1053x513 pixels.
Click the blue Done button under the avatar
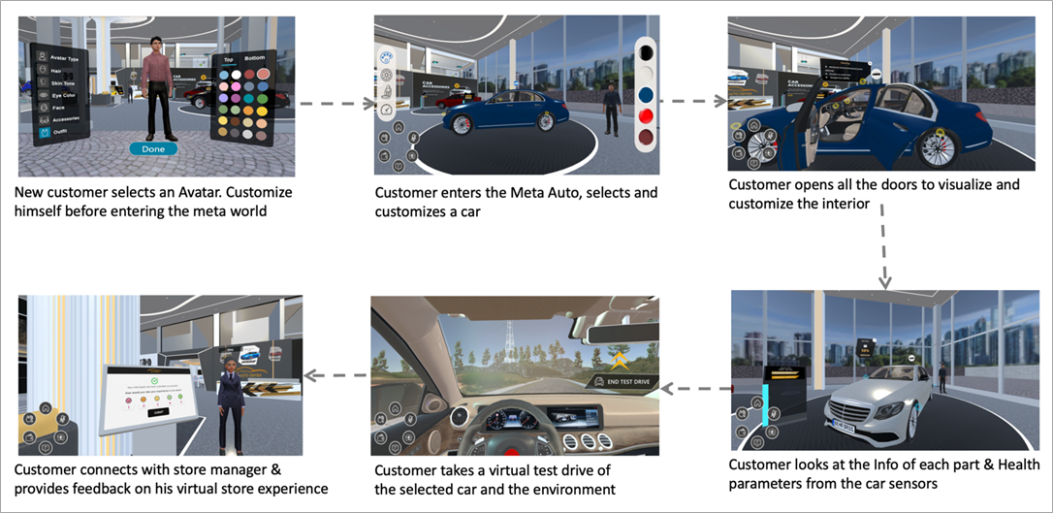tap(153, 149)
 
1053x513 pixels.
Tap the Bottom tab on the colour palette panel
tap(254, 59)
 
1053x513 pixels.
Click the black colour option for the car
tap(645, 50)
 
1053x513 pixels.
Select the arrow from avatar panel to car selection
tap(332, 101)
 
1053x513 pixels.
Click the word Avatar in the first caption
tap(165, 193)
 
